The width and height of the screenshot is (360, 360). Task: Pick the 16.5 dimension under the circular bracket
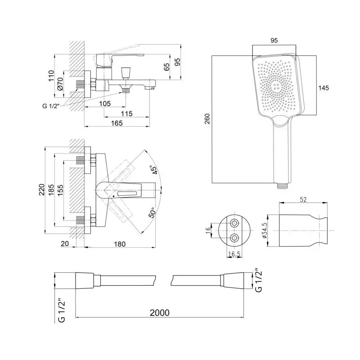coord(234,254)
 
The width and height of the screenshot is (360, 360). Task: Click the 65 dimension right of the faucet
coord(167,67)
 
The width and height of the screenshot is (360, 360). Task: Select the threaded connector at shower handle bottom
coord(283,185)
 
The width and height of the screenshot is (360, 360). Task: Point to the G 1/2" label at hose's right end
coord(258,280)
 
